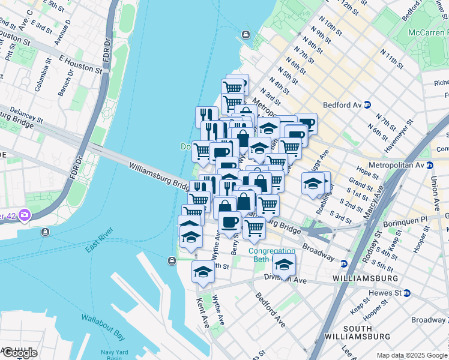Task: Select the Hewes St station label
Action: click(384, 293)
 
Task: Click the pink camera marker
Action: click(25, 215)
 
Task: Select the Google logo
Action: click(19, 352)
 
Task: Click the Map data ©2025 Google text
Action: click(412, 355)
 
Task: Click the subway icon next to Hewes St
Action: click(407, 293)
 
